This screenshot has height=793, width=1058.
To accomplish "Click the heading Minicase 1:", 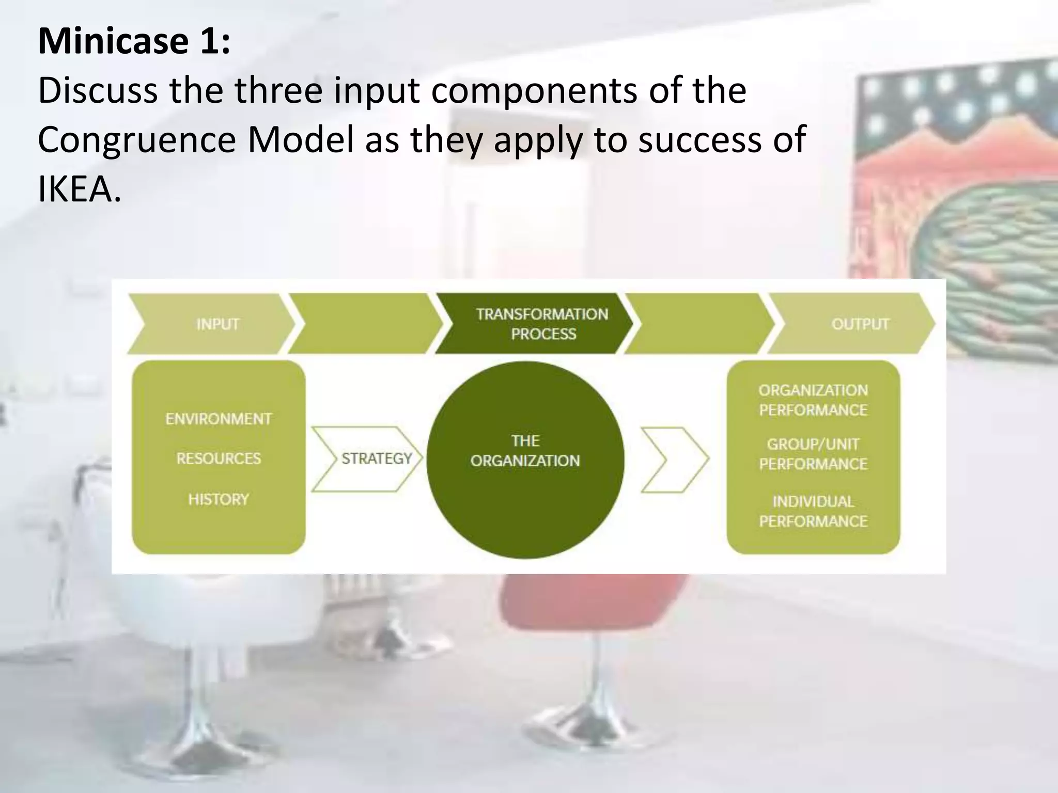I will coord(134,41).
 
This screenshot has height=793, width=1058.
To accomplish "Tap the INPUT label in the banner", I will coord(217,324).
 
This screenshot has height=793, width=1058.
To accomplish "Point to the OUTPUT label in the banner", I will coord(860,324).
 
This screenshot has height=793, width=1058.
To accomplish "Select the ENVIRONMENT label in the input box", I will coord(219,419).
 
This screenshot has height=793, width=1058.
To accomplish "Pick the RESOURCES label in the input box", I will coord(219,458).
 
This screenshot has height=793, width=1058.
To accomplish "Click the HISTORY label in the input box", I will coord(219,499).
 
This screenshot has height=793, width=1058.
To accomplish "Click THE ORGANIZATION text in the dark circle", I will coord(525,451).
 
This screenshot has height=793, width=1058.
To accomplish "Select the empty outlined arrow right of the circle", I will coord(674,459).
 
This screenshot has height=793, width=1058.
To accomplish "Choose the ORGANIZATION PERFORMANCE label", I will coord(813,400).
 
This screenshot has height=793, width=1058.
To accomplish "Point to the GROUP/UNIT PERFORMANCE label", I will coord(813,454).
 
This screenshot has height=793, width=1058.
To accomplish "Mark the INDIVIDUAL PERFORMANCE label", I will coord(813,512).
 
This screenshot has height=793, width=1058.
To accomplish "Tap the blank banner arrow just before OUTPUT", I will coord(700,324).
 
